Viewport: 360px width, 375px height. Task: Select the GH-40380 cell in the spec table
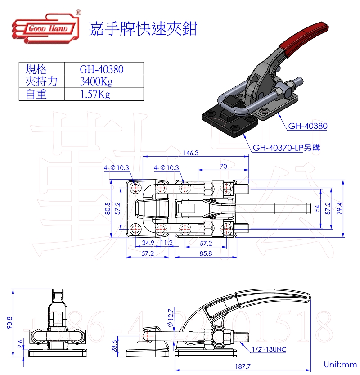point(102,69)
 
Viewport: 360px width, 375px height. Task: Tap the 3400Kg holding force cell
point(96,82)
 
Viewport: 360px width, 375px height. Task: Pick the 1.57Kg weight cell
point(95,94)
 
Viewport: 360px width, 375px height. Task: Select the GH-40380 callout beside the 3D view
point(308,126)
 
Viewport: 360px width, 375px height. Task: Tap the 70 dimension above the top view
point(223,166)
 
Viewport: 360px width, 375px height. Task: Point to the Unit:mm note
point(340,364)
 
